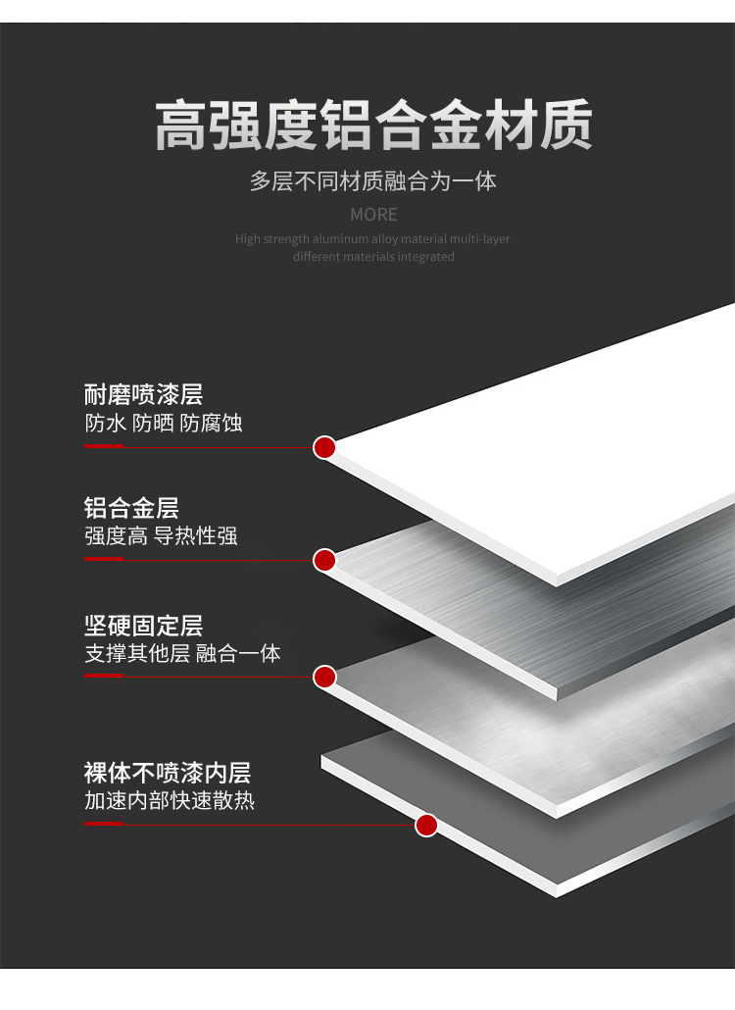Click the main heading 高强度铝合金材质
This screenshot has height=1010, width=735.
373,125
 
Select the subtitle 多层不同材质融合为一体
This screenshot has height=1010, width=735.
373,181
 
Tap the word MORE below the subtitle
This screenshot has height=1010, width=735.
373,215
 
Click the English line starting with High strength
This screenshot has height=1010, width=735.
372,239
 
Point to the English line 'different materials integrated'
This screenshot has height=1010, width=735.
373,257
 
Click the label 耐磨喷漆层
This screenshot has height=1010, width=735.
143,395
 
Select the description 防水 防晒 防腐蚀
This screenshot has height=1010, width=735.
163,424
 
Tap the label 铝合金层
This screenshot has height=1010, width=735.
131,508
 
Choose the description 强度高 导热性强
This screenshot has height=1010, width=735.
161,536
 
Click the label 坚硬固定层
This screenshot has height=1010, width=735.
143,626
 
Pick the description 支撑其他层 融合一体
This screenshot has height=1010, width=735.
182,654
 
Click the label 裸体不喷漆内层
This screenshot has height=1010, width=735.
168,772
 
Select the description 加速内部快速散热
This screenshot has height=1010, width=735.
170,800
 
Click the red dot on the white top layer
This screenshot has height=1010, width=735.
324,448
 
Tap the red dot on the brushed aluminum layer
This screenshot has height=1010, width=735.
324,561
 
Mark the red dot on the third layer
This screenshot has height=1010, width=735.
324,677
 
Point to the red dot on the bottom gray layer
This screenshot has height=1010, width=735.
426,825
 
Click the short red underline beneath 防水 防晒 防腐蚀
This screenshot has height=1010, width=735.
103,446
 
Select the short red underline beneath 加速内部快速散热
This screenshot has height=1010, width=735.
103,823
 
